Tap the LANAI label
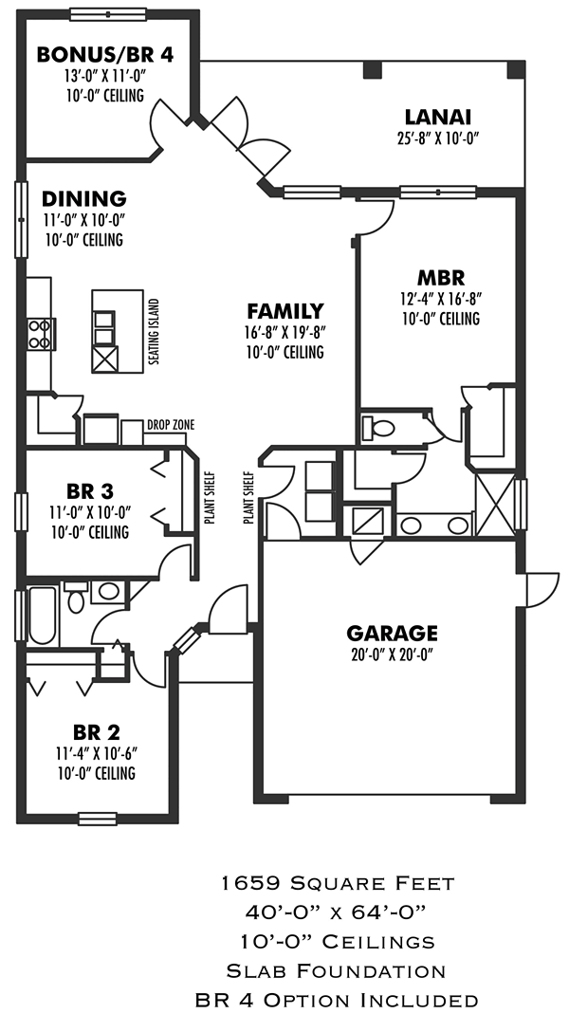(437, 118)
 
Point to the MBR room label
(441, 278)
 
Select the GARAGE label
(392, 633)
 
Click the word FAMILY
(284, 311)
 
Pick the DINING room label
(84, 199)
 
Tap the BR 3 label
(90, 491)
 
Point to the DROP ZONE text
(171, 425)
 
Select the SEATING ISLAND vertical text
(154, 334)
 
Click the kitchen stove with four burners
(41, 334)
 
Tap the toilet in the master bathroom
(380, 427)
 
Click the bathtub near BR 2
(41, 615)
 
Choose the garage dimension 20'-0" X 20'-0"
(392, 654)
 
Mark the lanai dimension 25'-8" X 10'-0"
(437, 138)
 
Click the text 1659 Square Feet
(337, 883)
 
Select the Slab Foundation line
(337, 970)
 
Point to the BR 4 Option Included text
(337, 1000)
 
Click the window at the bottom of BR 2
(97, 818)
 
